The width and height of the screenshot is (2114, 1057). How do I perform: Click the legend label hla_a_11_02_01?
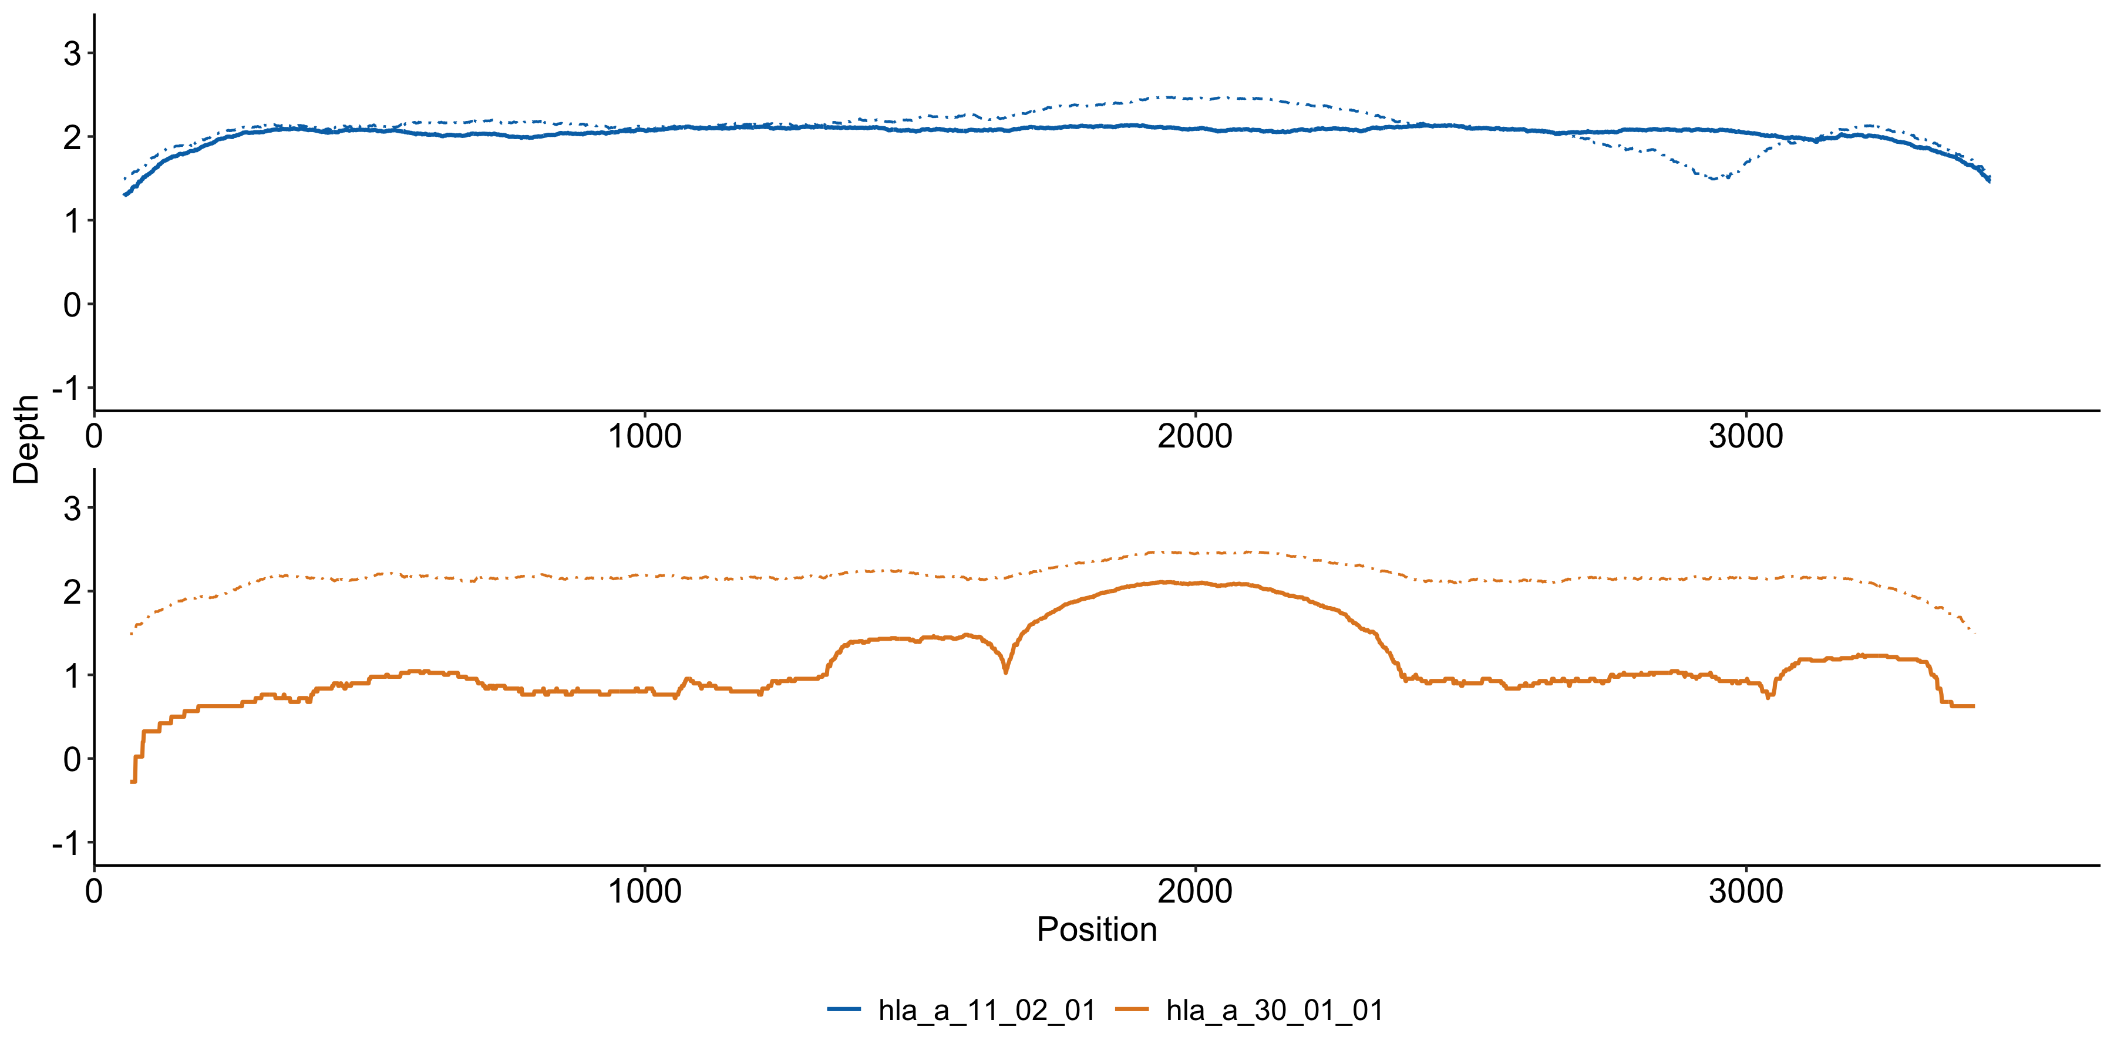click(987, 1010)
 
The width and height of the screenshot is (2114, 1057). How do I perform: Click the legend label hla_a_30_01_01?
click(1274, 1010)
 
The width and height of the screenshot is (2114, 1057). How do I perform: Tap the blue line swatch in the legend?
click(844, 1009)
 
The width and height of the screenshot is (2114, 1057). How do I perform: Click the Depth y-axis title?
click(26, 440)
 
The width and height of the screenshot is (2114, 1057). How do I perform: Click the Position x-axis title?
click(1096, 930)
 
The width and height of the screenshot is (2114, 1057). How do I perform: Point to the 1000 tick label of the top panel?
click(644, 436)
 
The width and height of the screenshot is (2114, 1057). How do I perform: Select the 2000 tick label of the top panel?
click(1195, 436)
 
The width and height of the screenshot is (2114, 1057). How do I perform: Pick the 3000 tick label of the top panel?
click(1746, 436)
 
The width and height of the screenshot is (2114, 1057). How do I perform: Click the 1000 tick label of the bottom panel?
click(644, 891)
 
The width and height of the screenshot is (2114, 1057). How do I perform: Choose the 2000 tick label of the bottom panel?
click(1195, 891)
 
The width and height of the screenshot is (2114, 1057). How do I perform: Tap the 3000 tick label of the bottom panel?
click(1746, 891)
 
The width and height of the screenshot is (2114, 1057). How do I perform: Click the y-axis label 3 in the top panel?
click(72, 54)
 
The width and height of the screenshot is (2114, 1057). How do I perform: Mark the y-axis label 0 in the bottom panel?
click(72, 760)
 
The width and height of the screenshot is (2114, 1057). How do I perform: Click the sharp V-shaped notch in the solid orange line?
click(1006, 671)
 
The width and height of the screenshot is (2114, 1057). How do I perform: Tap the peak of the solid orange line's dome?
click(1165, 582)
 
